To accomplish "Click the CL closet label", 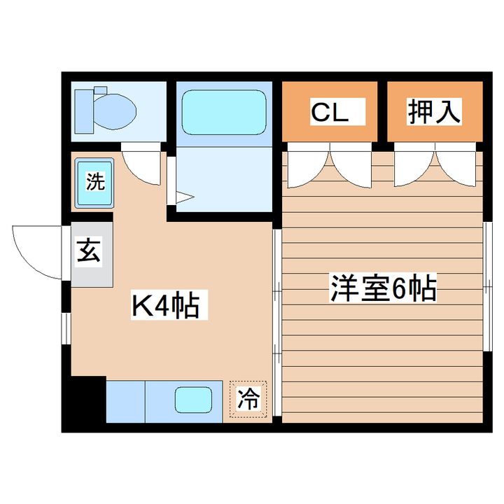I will pos(329,111).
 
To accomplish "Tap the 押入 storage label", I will pos(435,111).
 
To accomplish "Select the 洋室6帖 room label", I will pos(384,288).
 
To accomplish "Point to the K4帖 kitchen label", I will pos(165,306).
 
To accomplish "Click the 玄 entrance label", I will pos(88,250).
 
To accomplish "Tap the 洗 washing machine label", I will pos(94,181).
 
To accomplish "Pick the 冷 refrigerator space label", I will pos(248,399).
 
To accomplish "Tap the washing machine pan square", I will pos(94,183).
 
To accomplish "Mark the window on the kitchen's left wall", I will pos(64,329).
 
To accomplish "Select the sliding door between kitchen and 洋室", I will pos(276,325).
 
